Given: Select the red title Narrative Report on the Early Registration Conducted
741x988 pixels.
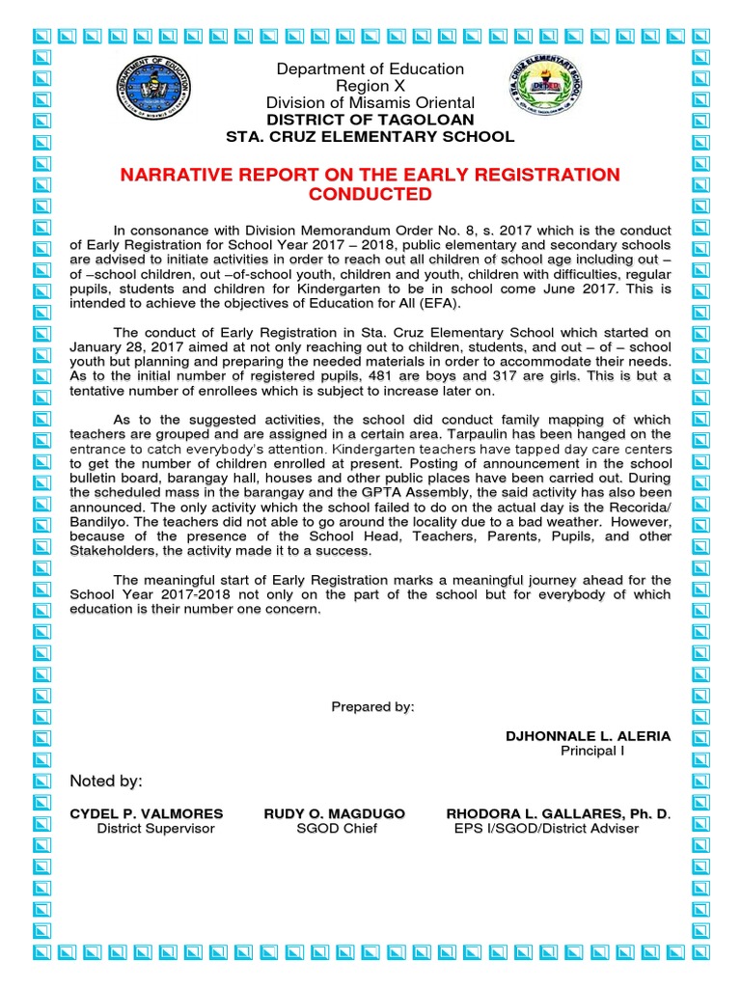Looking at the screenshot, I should point(370,184).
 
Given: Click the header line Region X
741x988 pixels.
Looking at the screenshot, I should point(370,86).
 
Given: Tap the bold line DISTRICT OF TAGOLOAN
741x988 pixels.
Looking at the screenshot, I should point(370,120).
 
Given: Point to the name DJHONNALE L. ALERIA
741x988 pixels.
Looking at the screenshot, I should point(588,736).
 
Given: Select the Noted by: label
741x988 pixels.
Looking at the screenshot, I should point(106,781).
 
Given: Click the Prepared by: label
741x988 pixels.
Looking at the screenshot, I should point(372,707).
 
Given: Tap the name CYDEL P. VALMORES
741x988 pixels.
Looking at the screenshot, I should point(147,813).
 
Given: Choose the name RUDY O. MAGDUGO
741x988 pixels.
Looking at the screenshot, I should point(334,813).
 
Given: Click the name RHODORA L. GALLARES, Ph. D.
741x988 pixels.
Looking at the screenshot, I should point(558,813).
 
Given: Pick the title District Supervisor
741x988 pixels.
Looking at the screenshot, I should point(155,829).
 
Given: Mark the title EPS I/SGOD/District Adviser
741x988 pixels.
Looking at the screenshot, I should point(546,829).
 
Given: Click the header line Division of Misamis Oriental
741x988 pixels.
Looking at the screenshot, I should point(370,102).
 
